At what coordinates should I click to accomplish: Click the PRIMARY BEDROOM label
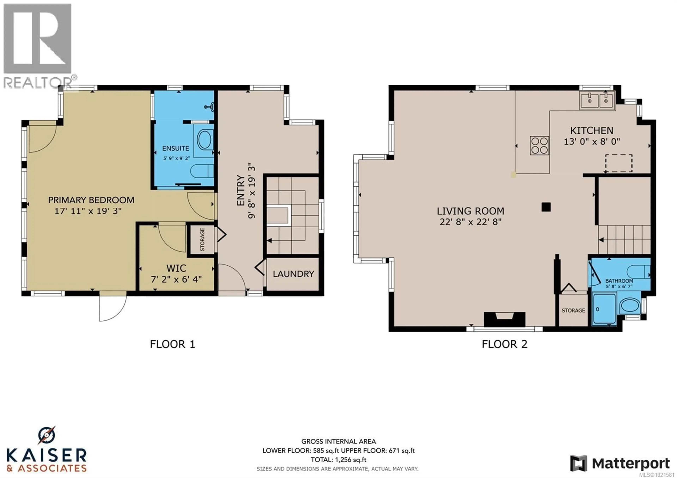(91, 200)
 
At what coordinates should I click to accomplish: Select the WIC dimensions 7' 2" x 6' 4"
(176, 279)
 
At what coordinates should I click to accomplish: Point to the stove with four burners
(539, 145)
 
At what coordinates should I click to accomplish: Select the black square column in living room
(546, 207)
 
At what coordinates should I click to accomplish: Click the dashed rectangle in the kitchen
(619, 163)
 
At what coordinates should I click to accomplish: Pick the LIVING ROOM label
(470, 211)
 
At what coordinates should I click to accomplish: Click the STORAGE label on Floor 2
(573, 310)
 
